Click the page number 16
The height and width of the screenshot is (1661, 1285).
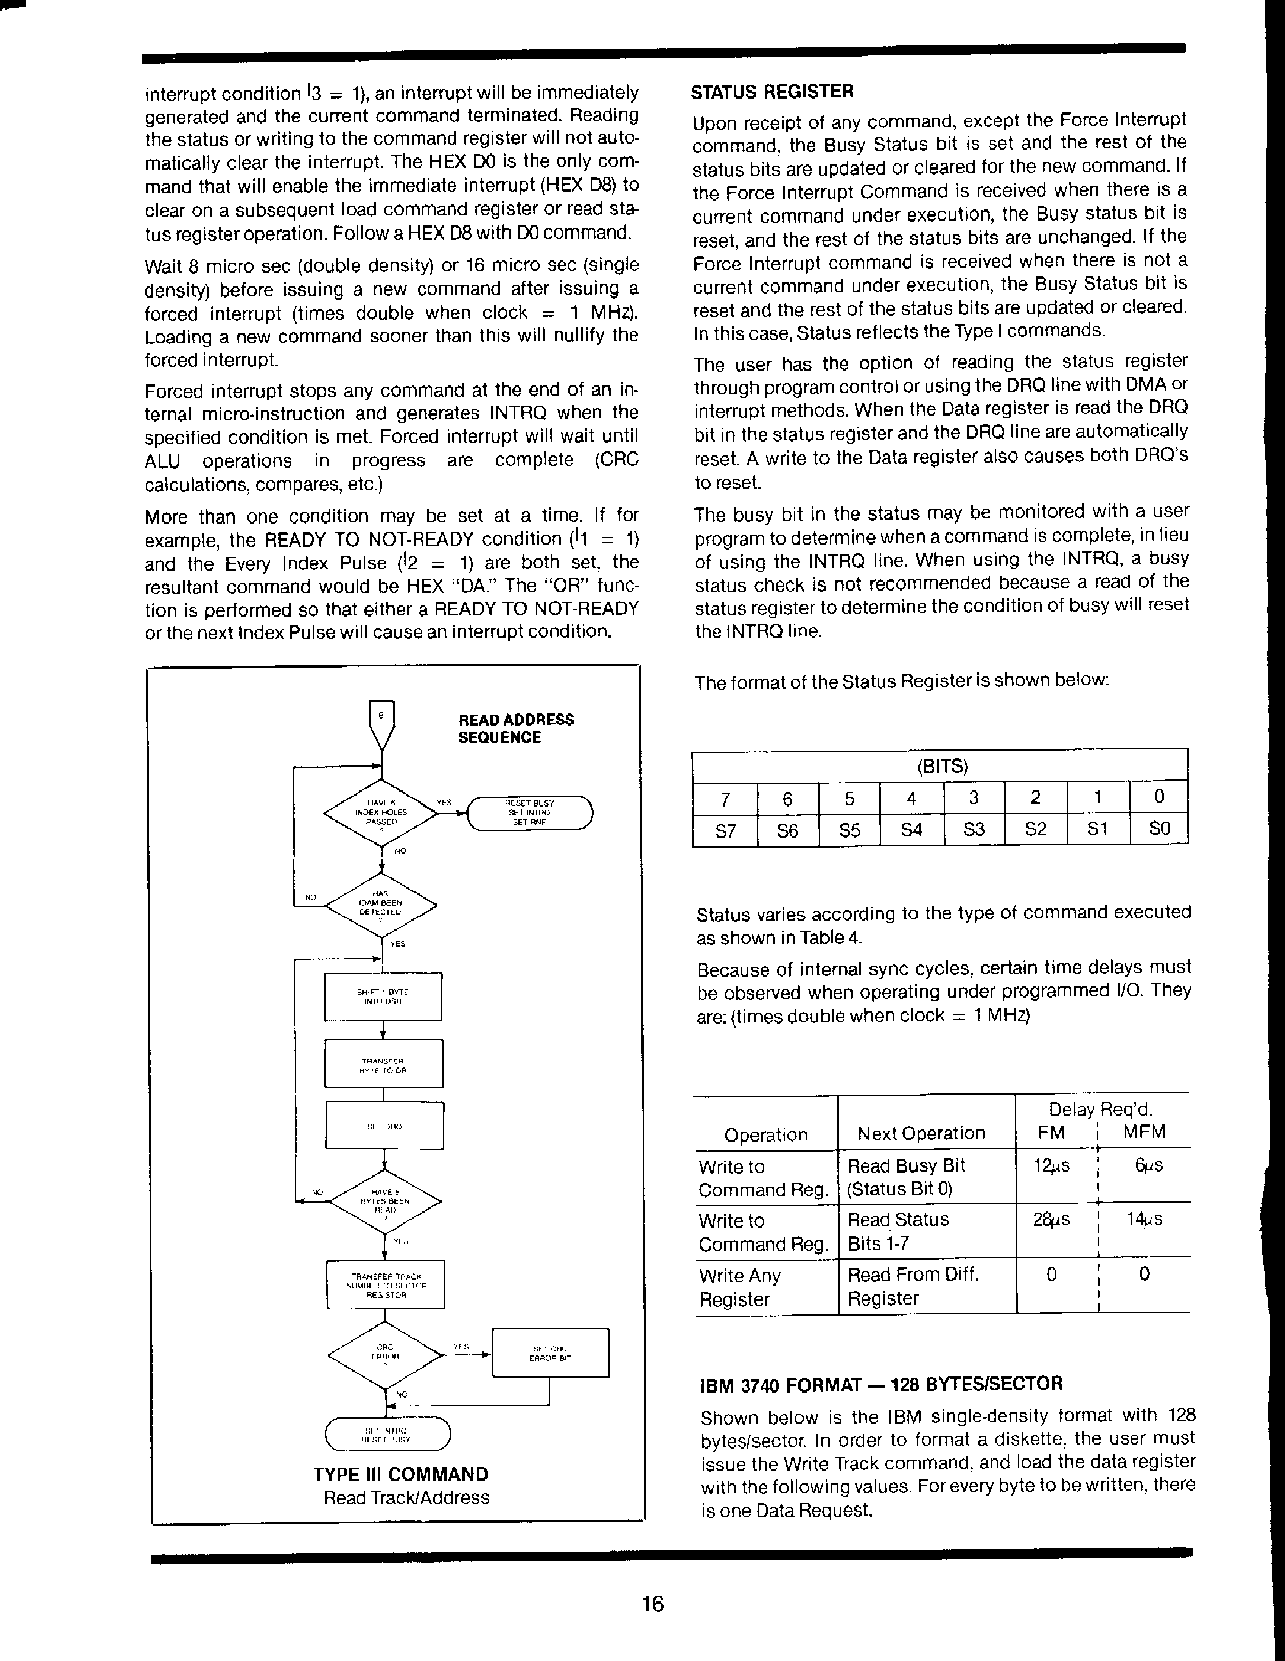pyautogui.click(x=653, y=1604)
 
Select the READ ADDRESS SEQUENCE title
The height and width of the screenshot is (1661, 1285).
pyautogui.click(x=516, y=729)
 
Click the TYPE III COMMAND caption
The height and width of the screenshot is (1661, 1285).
pyautogui.click(x=401, y=1475)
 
